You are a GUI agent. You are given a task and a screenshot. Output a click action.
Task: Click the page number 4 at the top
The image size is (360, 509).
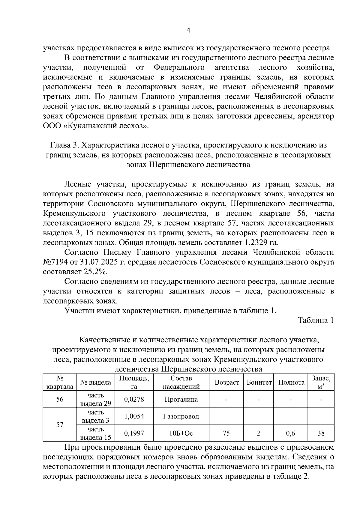coord(188,30)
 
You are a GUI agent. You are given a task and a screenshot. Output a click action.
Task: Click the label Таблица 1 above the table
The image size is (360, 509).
coord(316,320)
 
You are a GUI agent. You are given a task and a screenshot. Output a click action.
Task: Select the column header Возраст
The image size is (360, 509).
coord(227,382)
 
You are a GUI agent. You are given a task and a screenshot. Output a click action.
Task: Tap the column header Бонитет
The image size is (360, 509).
coord(259,382)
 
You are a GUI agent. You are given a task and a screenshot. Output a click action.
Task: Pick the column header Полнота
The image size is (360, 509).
coord(291,382)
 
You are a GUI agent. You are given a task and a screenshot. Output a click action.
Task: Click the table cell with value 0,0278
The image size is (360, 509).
coord(134,399)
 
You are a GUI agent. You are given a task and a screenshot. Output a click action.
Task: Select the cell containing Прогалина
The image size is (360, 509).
coord(181,399)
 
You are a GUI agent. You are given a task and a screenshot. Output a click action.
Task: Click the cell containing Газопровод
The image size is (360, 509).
coord(181,416)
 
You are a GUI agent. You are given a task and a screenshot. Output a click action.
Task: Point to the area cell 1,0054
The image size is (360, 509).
coord(134,416)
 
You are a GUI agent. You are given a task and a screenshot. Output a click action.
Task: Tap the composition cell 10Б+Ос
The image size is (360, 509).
coord(181,433)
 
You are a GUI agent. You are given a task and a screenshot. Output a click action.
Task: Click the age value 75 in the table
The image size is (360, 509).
coord(226,433)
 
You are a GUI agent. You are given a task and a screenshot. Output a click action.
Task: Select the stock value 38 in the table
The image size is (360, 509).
coord(321,433)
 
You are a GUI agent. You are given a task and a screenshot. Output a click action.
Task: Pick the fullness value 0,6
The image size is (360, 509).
coord(291,433)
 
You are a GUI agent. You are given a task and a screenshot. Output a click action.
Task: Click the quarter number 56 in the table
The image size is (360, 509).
coord(60,399)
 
